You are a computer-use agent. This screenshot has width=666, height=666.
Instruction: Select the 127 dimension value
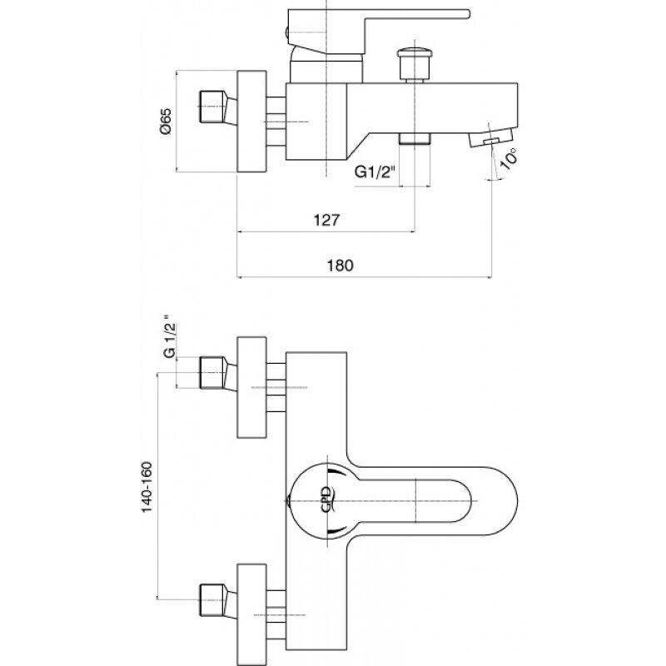click(x=326, y=220)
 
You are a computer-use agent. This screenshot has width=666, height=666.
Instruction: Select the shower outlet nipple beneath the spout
click(x=415, y=138)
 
